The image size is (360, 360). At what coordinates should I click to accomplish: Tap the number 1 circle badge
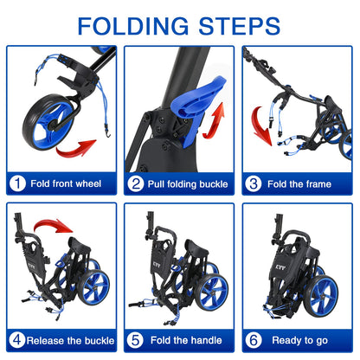(17, 183)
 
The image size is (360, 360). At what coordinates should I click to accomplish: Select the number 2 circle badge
(136, 183)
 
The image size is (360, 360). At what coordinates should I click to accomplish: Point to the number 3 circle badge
(254, 183)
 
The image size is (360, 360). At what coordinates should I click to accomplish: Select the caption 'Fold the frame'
(300, 183)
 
